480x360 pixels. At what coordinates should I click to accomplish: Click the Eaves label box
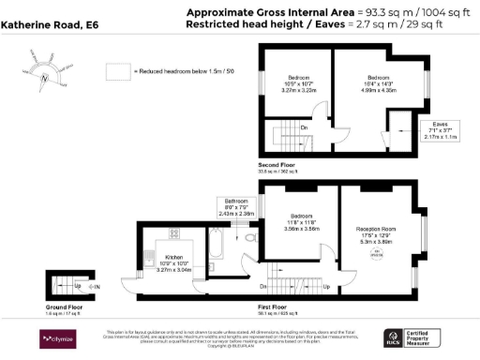click(439, 129)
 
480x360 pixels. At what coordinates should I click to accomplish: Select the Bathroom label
click(235, 206)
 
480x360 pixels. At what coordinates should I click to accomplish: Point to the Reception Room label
click(380, 233)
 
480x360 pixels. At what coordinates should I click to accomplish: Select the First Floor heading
click(275, 307)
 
